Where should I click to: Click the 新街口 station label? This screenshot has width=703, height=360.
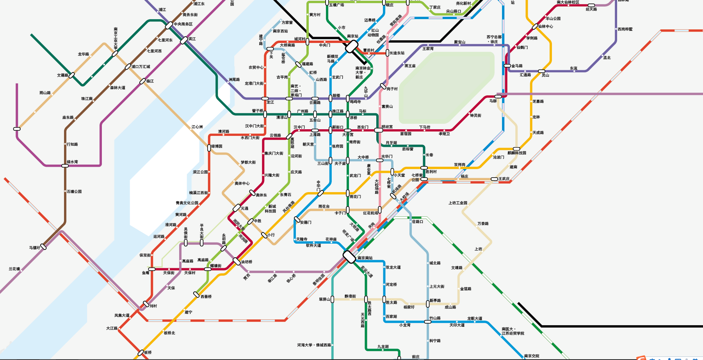[338, 127]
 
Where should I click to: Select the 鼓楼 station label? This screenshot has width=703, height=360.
[336, 96]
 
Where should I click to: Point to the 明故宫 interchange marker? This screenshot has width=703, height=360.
[378, 130]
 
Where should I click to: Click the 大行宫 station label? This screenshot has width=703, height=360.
[348, 135]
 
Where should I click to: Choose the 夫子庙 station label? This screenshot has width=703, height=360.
[340, 164]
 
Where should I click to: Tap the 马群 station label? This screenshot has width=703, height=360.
[493, 101]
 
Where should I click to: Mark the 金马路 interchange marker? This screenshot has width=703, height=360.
[507, 66]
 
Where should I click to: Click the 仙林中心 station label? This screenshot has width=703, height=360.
[545, 27]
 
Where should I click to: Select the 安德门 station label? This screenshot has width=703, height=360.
[306, 223]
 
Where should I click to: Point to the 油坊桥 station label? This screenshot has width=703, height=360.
[247, 262]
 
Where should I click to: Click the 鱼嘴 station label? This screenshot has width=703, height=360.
[146, 273]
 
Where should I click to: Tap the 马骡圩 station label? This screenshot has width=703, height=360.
[34, 248]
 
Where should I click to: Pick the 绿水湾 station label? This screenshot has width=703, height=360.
[72, 162]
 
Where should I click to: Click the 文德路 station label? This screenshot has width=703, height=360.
[62, 75]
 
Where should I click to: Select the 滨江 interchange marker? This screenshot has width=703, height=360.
[184, 40]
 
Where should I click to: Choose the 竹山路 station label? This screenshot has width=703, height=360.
[435, 318]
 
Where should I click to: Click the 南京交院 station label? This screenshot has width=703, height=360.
[531, 356]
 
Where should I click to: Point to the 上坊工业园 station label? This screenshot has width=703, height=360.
[457, 203]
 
